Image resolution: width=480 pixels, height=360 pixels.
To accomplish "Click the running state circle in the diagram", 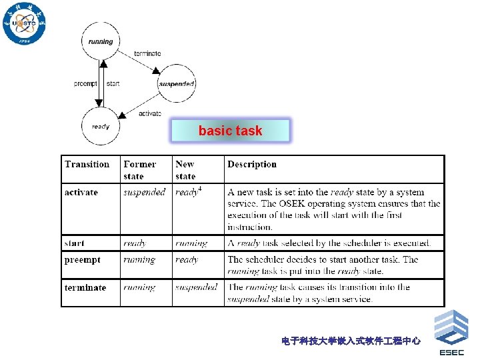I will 101,41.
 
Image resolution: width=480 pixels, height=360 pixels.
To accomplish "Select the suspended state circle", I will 177,84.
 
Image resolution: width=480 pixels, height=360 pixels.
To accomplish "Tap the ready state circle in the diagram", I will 101,126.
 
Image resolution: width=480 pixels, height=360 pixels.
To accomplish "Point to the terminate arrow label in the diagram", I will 147,53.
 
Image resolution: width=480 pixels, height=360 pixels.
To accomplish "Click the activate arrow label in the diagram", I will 150,113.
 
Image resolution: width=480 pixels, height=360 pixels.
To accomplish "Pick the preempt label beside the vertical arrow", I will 85,84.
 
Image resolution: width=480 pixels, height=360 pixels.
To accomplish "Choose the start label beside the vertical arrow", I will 113,84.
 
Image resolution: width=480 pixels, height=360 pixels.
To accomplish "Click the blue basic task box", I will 230,131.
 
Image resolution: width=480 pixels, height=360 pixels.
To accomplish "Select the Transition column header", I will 87,165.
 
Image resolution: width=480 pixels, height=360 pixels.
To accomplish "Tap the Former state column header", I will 139,170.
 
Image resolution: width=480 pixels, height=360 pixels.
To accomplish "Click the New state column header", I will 185,170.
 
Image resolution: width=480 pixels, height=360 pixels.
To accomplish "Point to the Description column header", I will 252,165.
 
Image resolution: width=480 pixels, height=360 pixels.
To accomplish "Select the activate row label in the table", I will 81,193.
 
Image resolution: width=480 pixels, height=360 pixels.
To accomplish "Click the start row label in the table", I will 75,243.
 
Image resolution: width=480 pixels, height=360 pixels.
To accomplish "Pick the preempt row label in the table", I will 82,260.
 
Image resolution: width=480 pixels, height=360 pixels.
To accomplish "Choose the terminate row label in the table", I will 85,288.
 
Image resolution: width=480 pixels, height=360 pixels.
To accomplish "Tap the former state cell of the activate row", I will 144,193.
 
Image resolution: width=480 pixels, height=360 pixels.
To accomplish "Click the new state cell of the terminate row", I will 197,287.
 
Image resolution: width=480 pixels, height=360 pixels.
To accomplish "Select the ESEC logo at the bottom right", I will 451,333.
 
